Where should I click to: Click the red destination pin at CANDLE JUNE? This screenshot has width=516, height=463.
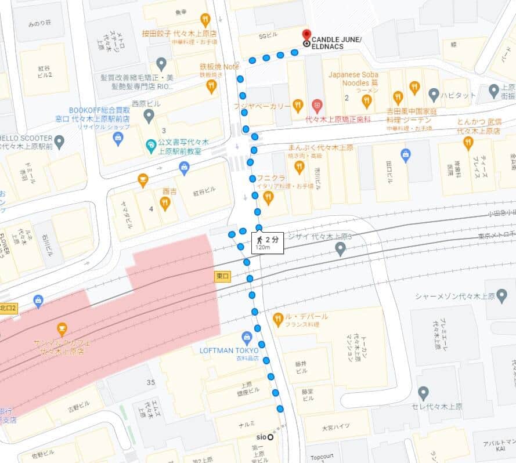pyautogui.click(x=306, y=35)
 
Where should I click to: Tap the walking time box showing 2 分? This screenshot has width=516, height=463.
pyautogui.click(x=268, y=243)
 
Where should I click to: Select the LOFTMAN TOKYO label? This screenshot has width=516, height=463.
pyautogui.click(x=223, y=350)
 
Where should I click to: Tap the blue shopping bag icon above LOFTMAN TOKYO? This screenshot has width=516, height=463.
pyautogui.click(x=247, y=337)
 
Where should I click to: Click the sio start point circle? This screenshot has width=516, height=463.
pyautogui.click(x=270, y=437)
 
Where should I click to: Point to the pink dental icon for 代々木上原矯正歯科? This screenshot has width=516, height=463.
pyautogui.click(x=316, y=106)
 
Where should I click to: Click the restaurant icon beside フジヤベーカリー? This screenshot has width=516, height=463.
pyautogui.click(x=298, y=106)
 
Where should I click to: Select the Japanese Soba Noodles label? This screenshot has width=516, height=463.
pyautogui.click(x=353, y=79)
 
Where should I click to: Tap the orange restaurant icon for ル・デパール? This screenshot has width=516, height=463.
pyautogui.click(x=278, y=318)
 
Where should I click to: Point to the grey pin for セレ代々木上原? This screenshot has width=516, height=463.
pyautogui.click(x=424, y=393)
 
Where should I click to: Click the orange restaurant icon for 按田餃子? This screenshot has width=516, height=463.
pyautogui.click(x=205, y=20)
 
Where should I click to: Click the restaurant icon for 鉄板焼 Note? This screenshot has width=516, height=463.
pyautogui.click(x=211, y=86)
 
